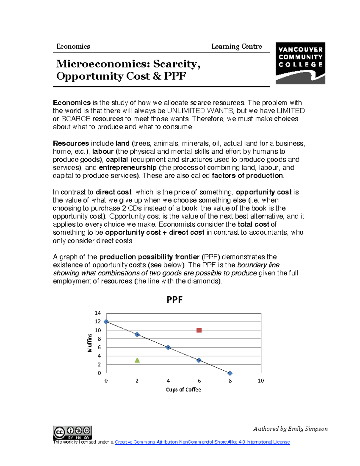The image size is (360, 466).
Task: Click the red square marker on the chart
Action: (x=199, y=330)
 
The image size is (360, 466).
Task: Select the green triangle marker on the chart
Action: (x=137, y=360)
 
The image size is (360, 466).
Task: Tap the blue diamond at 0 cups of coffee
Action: (x=106, y=322)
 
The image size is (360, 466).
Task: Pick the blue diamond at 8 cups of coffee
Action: (x=230, y=373)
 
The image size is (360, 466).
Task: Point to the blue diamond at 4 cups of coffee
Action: (x=168, y=347)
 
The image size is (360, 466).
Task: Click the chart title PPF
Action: (x=175, y=299)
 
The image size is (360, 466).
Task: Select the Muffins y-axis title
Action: (x=90, y=343)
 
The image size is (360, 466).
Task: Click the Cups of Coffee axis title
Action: (x=183, y=389)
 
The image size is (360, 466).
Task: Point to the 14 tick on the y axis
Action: (x=98, y=313)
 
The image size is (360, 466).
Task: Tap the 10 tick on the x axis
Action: (x=261, y=381)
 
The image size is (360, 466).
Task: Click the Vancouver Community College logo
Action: (x=300, y=63)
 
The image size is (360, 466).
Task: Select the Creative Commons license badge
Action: (x=72, y=432)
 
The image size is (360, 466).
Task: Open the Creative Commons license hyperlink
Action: (x=202, y=442)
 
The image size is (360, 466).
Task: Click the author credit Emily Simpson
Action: (x=290, y=429)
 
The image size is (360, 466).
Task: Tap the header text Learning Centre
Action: (x=236, y=47)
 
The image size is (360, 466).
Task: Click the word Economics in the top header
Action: (x=73, y=47)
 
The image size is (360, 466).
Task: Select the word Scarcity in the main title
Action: (x=176, y=64)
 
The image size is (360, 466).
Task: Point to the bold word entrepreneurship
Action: (x=127, y=167)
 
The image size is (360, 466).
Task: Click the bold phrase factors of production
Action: (x=247, y=176)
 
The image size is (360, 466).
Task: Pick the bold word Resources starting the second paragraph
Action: (x=71, y=143)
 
